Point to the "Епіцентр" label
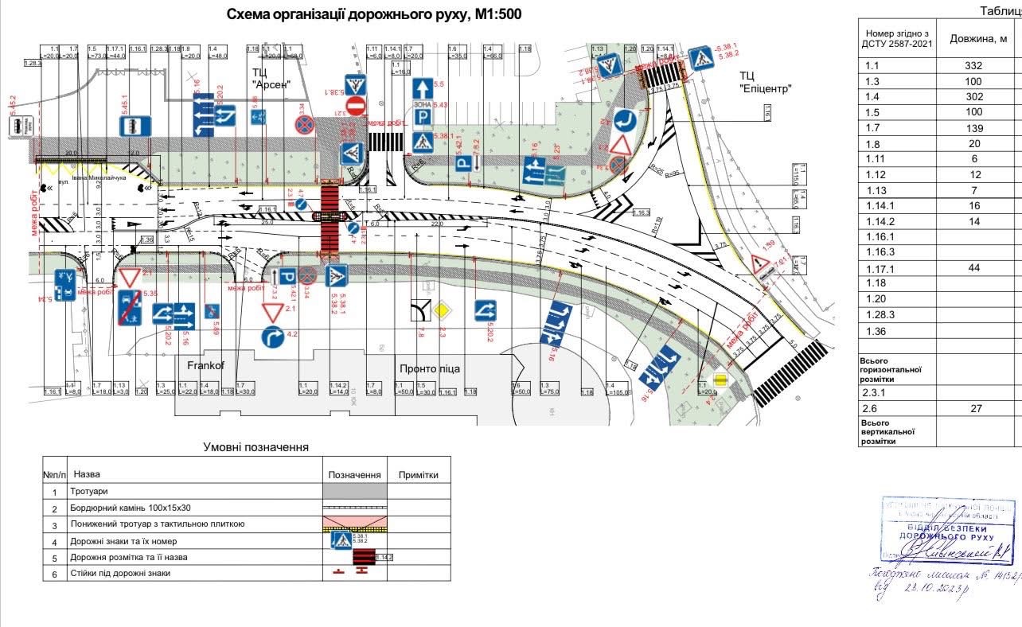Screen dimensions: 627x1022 tap(766, 88)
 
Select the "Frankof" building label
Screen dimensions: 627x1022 tap(209, 366)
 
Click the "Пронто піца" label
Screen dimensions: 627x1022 tap(430, 369)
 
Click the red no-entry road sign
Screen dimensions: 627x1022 tap(355, 106)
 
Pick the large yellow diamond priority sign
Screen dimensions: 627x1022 tap(443, 309)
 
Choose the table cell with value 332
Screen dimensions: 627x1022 tap(973, 66)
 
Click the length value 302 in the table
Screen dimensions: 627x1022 tap(973, 96)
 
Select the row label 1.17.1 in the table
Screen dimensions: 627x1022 tap(880, 269)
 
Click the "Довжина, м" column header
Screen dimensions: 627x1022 tap(978, 39)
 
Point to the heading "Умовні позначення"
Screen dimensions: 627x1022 tap(255, 448)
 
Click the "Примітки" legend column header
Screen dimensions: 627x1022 tap(418, 475)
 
